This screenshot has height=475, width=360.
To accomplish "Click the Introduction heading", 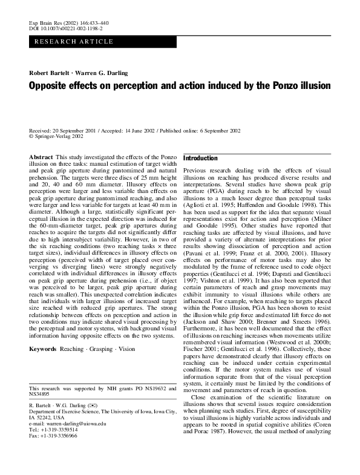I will (200, 158).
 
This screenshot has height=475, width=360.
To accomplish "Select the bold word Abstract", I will (41, 157).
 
